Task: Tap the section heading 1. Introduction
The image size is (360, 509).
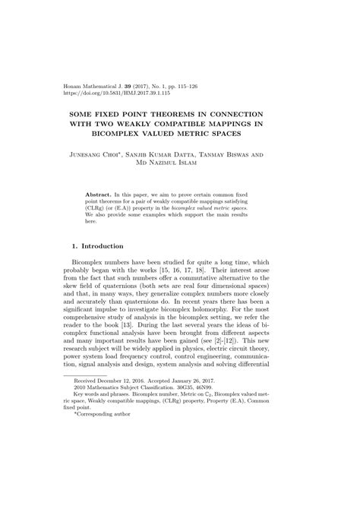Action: point(102,247)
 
